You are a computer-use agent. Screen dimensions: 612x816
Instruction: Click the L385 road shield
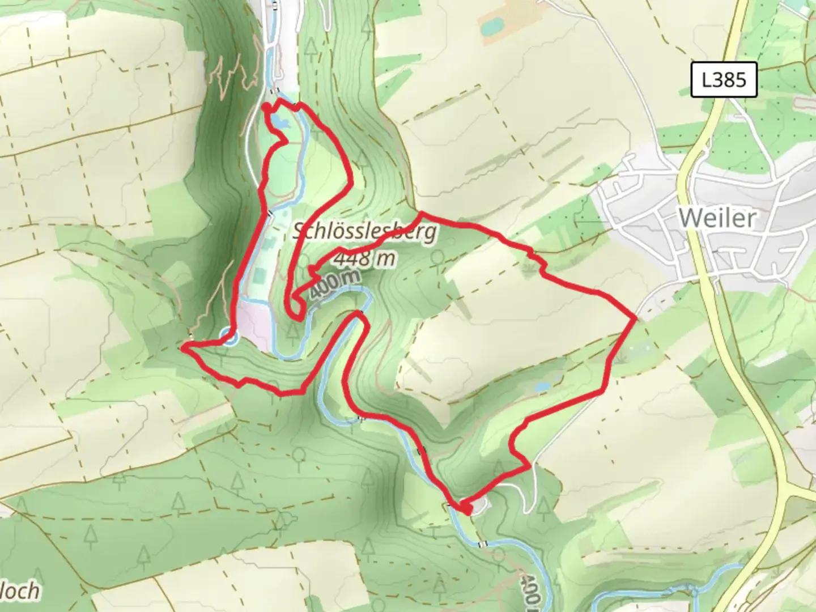pyautogui.click(x=724, y=80)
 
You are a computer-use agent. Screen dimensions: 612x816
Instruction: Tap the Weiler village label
pyautogui.click(x=717, y=218)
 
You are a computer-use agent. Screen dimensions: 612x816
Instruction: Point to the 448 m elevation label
pyautogui.click(x=364, y=259)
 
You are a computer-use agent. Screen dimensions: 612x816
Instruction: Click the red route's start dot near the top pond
pyautogui.click(x=266, y=107)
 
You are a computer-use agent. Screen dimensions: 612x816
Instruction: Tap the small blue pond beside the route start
pyautogui.click(x=280, y=121)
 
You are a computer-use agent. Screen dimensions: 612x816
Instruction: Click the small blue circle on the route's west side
pyautogui.click(x=228, y=337)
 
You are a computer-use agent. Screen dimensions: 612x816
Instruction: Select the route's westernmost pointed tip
pyautogui.click(x=182, y=348)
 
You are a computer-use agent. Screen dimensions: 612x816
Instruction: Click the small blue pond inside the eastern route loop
pyautogui.click(x=542, y=387)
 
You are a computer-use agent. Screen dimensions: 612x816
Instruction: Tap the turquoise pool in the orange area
pyautogui.click(x=491, y=25)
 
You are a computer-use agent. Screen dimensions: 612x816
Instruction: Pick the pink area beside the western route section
pyautogui.click(x=255, y=323)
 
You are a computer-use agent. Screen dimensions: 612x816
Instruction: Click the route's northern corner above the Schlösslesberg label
pyautogui.click(x=420, y=214)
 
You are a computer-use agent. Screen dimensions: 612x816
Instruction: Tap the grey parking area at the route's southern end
pyautogui.click(x=478, y=505)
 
